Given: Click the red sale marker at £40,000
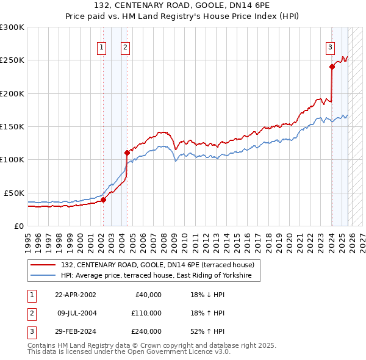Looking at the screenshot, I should [104, 199].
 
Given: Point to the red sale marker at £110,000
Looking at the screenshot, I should [127, 153].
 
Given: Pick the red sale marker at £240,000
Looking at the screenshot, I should [332, 67].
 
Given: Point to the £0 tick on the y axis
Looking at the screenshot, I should [18, 226].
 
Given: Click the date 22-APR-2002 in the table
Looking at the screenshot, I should [76, 295].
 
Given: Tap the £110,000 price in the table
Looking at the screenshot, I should [146, 313].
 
